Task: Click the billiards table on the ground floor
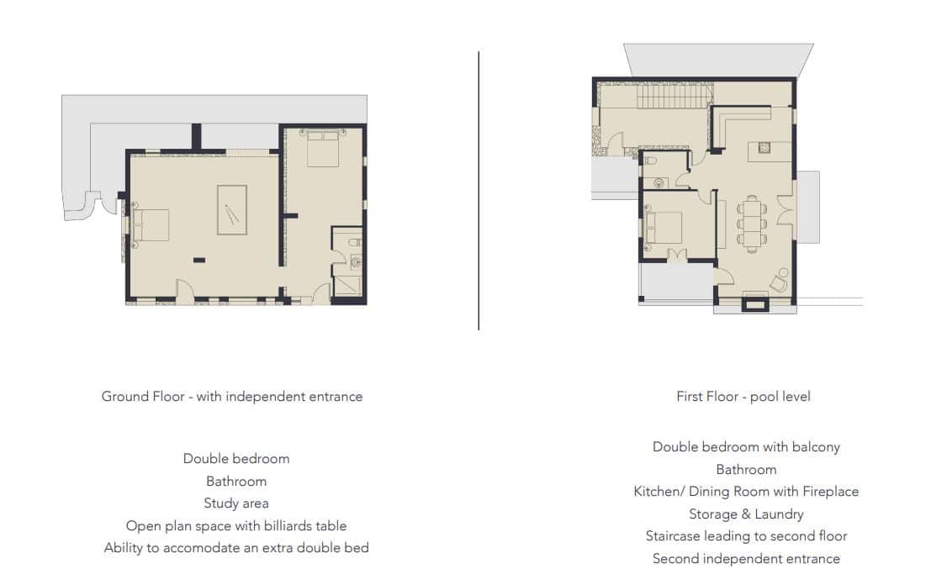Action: [x=232, y=209]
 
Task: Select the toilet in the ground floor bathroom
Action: [x=355, y=242]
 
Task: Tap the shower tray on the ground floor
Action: [x=347, y=285]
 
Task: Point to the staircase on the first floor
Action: [x=673, y=95]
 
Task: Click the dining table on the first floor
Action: [x=752, y=224]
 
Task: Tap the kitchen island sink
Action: [x=764, y=147]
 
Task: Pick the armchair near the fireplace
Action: [x=779, y=281]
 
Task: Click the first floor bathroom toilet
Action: [x=649, y=161]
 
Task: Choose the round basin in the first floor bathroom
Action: [x=659, y=182]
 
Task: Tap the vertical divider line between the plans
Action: [x=479, y=191]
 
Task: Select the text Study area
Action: [x=236, y=503]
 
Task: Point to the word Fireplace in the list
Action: [x=830, y=492]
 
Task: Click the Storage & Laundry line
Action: [x=747, y=514]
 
